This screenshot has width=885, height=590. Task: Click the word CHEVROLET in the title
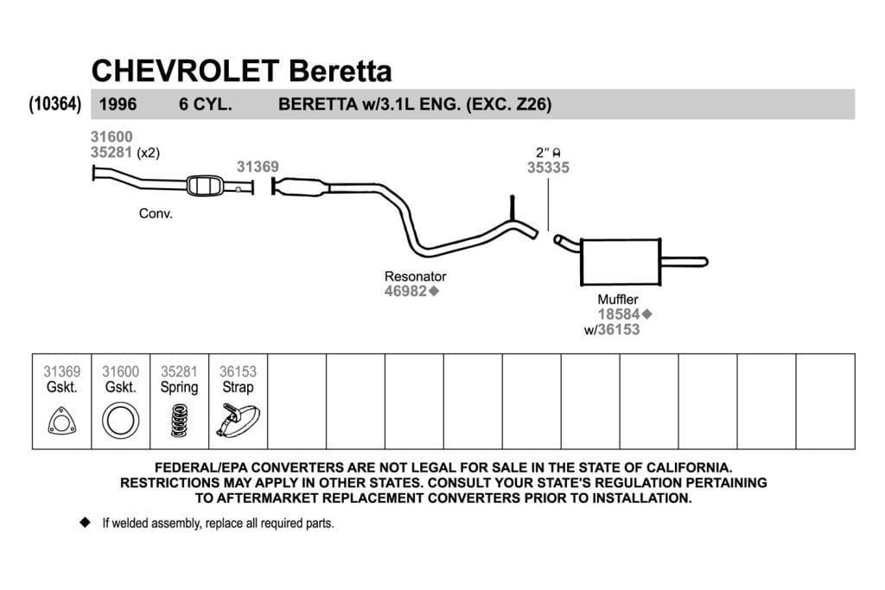click(185, 71)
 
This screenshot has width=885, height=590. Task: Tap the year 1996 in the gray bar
click(118, 105)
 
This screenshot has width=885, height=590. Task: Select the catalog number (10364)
click(54, 104)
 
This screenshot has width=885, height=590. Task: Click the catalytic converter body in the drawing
click(204, 186)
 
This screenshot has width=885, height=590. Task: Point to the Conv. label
click(156, 213)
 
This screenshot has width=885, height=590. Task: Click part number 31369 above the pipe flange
click(258, 167)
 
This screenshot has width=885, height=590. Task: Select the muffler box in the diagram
click(621, 263)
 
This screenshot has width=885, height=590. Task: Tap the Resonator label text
click(416, 276)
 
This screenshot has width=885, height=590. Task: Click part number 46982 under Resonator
click(406, 291)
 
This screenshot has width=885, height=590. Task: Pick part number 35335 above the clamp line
click(548, 168)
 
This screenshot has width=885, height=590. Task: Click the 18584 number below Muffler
click(619, 314)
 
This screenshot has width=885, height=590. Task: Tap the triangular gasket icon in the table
click(61, 422)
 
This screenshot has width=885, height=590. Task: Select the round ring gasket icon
click(120, 421)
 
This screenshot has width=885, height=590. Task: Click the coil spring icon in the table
click(179, 421)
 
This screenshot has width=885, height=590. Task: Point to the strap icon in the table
click(238, 420)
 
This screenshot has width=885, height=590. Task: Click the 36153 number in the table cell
click(238, 371)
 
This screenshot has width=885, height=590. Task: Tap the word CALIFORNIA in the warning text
click(689, 467)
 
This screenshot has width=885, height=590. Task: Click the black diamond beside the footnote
click(86, 523)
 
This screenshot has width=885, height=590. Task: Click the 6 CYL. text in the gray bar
click(206, 105)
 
